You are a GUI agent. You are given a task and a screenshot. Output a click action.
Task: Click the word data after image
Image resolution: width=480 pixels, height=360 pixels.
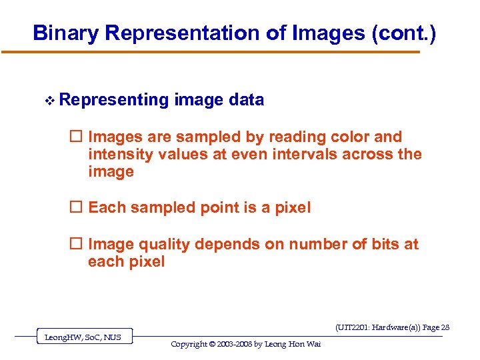pos(246,100)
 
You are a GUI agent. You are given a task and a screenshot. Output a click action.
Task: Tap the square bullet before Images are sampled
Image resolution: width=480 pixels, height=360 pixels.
pos(77,137)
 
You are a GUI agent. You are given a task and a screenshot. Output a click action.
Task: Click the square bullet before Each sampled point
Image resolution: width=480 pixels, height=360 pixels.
pos(77,207)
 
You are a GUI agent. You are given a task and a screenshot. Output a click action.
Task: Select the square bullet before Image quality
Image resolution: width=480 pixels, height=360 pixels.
pos(77,244)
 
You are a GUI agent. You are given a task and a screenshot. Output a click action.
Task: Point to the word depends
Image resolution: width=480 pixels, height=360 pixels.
pos(224,244)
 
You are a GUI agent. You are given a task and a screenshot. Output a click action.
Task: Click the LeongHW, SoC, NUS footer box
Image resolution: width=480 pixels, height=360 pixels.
pos(83,337)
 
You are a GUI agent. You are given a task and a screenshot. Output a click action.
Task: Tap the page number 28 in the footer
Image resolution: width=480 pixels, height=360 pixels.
pos(445,327)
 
